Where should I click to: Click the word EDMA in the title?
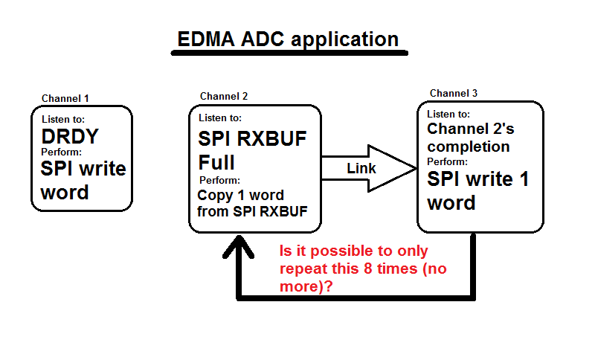[x=206, y=39]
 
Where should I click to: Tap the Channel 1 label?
[x=65, y=99]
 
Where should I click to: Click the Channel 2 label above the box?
[x=224, y=97]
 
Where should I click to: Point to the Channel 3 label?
[x=454, y=93]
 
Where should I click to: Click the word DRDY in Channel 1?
[x=70, y=136]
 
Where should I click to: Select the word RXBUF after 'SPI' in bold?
[x=272, y=139]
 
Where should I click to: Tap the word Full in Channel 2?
[x=216, y=162]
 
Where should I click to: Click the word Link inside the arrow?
[x=361, y=168]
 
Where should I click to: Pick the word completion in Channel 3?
[x=469, y=147]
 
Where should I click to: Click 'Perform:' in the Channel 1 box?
[x=62, y=152]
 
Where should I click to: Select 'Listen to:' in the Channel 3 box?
[x=448, y=115]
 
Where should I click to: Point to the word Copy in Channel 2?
[x=215, y=196]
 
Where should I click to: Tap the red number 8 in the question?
[x=367, y=269]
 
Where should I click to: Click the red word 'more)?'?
[x=306, y=286]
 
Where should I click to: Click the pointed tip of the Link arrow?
[x=416, y=168]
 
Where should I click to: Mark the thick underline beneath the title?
[x=289, y=53]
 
